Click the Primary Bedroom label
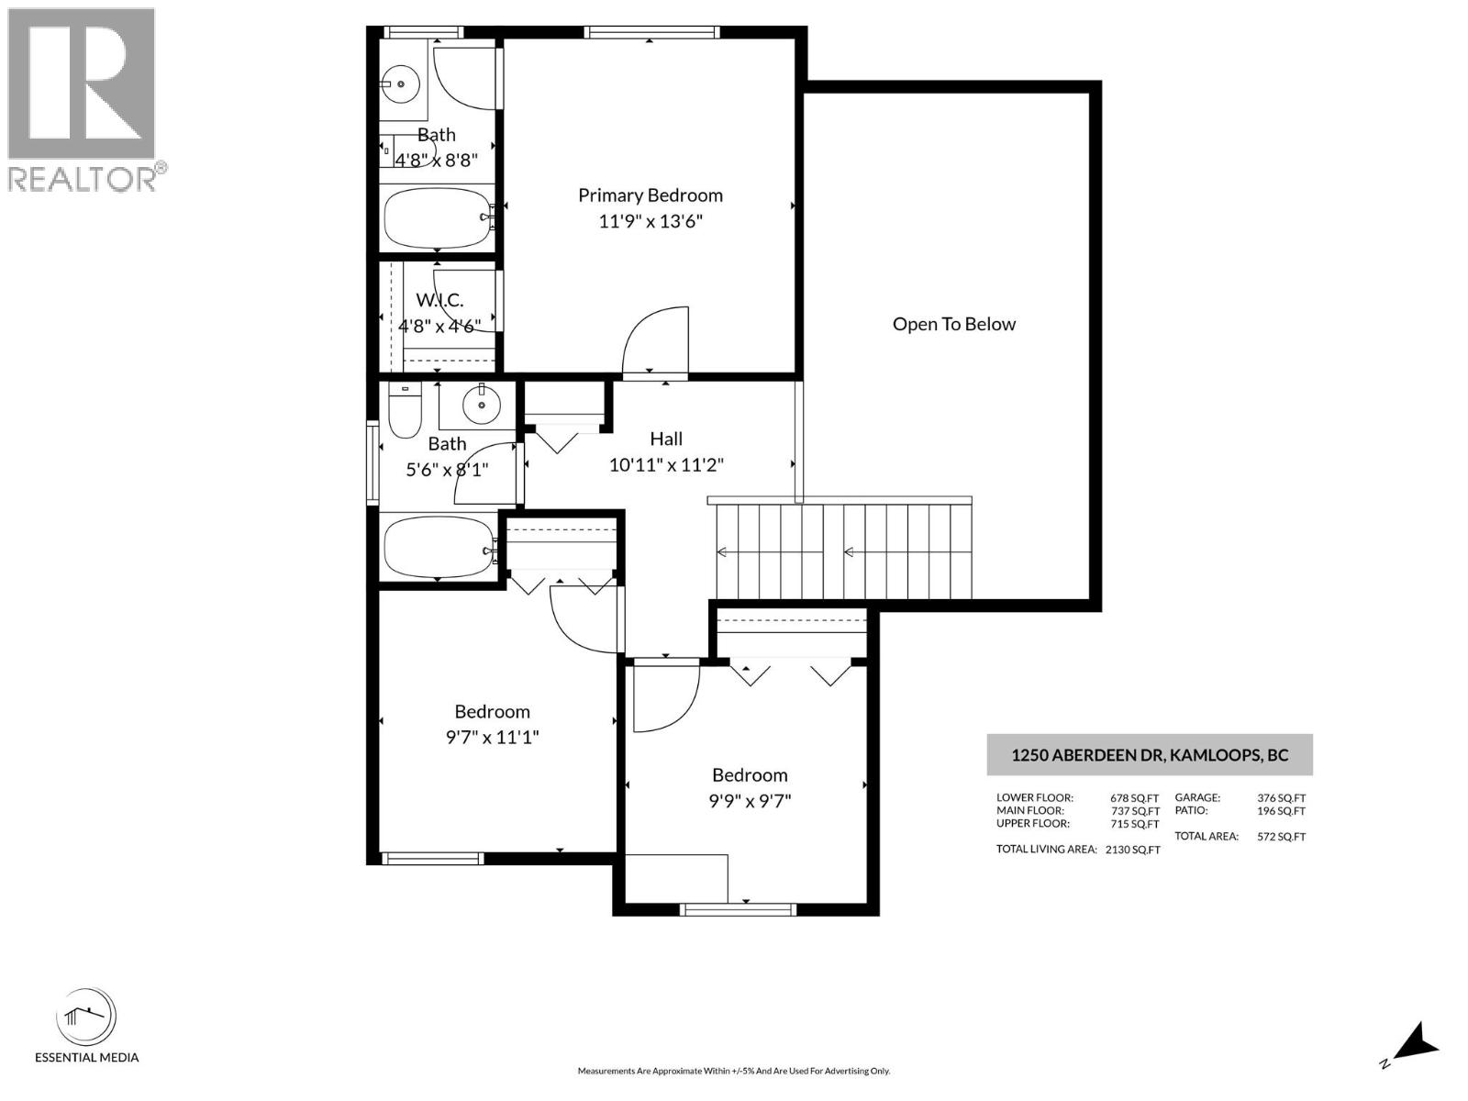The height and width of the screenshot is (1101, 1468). coord(650,195)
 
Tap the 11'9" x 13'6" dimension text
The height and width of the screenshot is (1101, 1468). coord(650,221)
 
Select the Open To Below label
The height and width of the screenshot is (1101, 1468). coord(953,324)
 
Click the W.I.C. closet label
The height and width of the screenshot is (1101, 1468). coord(439,300)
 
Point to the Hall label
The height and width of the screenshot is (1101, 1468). coord(666,439)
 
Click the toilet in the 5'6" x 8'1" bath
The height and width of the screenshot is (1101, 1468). coord(405,413)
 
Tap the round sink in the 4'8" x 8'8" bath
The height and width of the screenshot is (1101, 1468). coord(401,84)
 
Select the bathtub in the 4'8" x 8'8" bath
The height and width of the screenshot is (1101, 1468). coord(437,217)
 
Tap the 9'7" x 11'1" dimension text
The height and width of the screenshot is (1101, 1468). coord(492,737)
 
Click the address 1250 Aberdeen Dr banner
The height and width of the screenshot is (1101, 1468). coord(1149,755)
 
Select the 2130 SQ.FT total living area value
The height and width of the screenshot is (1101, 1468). coord(1132,850)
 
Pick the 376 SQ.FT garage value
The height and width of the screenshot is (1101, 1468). coord(1281,798)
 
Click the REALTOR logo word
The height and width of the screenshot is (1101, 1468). coord(83,178)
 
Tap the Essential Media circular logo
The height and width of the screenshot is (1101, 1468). coord(86,1018)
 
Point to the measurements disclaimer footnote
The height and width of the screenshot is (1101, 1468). coord(733,1071)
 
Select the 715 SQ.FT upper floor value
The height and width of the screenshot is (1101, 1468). coord(1135,824)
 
